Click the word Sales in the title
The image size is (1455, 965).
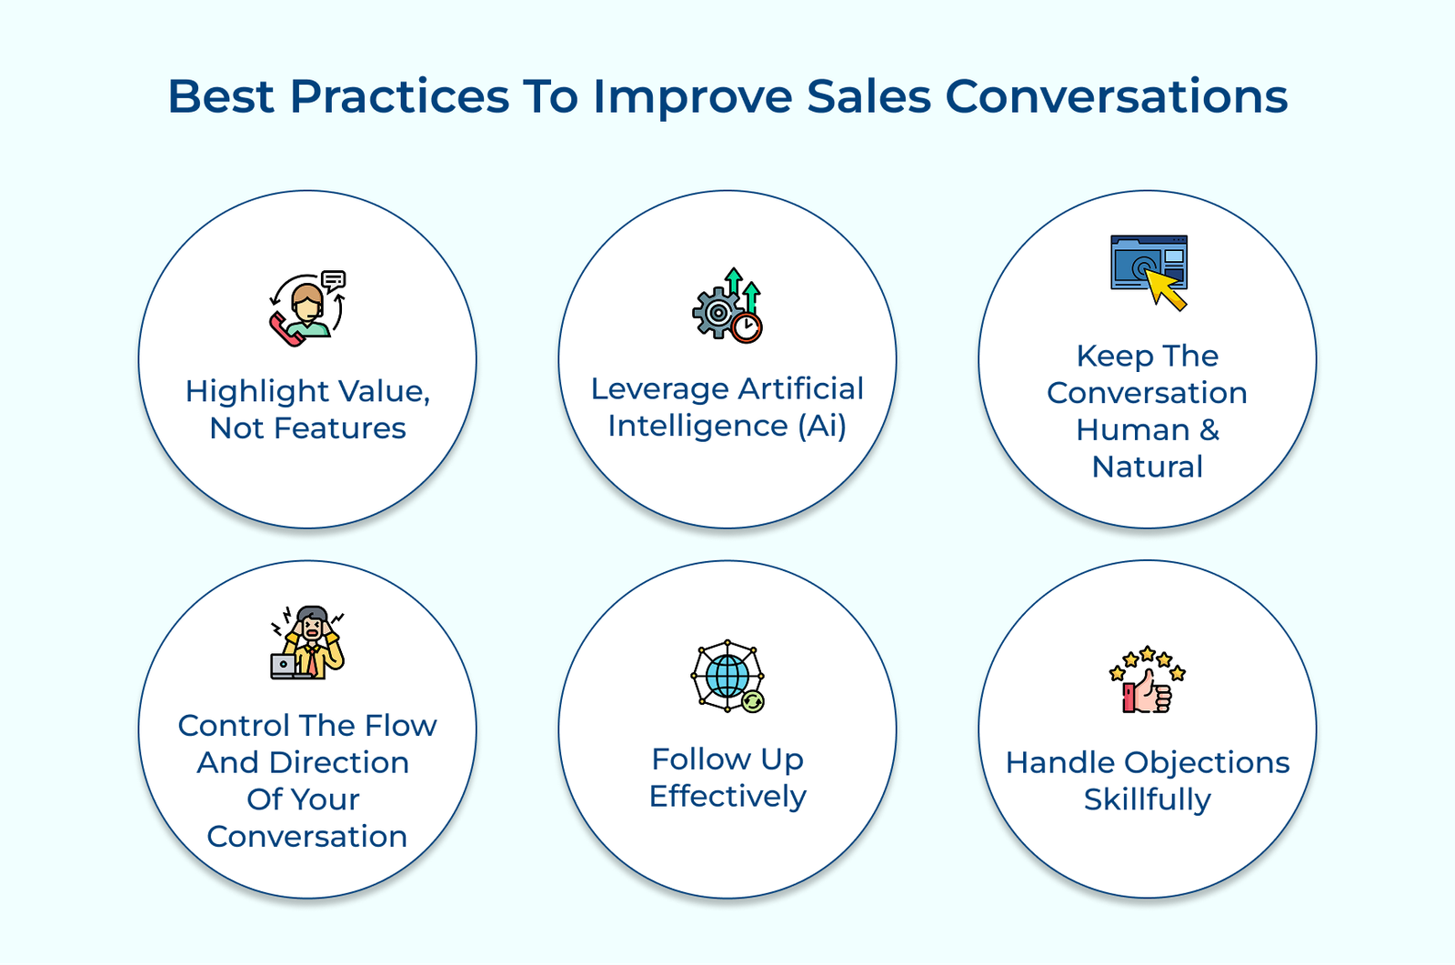(x=868, y=96)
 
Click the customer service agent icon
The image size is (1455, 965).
(x=307, y=308)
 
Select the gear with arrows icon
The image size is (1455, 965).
(x=727, y=305)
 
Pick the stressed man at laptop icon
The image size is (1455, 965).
(x=307, y=642)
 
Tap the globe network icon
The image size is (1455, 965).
(x=727, y=676)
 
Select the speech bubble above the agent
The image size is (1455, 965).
(x=333, y=281)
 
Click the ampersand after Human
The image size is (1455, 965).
(x=1209, y=429)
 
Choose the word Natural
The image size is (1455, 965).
(x=1147, y=467)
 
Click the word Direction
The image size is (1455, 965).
(x=339, y=762)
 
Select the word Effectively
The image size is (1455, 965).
(x=727, y=797)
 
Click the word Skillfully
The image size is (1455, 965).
(x=1147, y=799)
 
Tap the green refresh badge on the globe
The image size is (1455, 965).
(x=753, y=701)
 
